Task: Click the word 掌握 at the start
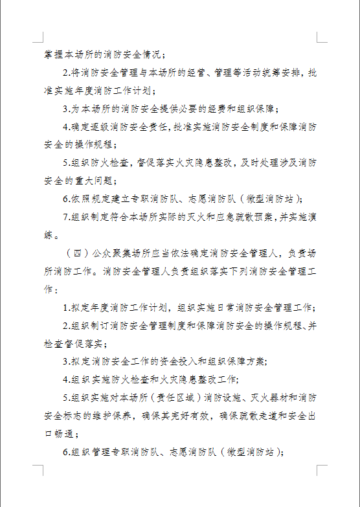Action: click(54, 54)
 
